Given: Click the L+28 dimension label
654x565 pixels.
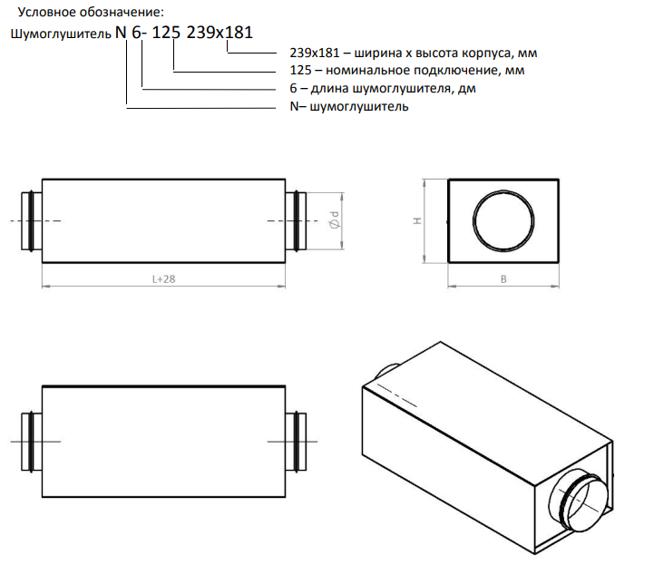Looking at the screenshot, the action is click(163, 279).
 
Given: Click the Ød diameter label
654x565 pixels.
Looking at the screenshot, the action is click(335, 219).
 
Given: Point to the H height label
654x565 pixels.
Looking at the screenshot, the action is click(417, 220).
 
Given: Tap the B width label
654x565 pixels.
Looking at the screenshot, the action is click(503, 279).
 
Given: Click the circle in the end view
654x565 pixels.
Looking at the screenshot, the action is click(473, 220).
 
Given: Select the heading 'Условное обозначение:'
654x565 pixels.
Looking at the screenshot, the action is click(91, 12).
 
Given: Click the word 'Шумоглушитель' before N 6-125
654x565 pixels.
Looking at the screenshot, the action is click(61, 34).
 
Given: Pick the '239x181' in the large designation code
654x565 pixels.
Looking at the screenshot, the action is click(220, 32).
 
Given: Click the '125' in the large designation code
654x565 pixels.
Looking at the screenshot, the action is click(166, 32).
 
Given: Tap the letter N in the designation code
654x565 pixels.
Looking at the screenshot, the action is click(121, 32).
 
